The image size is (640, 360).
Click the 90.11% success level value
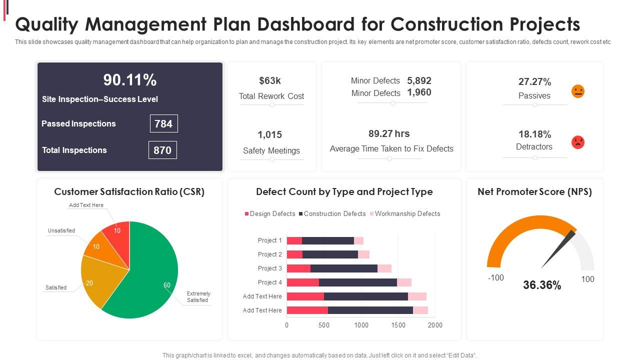point(130,80)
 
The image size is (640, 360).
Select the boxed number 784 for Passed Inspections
point(163,123)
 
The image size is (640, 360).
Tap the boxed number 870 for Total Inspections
point(162,150)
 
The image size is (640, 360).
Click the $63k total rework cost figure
point(270,80)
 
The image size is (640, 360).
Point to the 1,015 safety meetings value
point(270,134)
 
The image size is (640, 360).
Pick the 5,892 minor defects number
point(419,80)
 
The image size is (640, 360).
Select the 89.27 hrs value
point(389,133)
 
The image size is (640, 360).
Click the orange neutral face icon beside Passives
point(577,91)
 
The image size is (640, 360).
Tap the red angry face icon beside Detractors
point(577,142)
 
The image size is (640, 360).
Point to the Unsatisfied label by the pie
point(61,230)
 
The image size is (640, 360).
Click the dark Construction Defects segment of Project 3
point(343,268)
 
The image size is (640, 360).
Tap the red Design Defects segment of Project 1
point(294,240)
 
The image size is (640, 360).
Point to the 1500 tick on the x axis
point(398,325)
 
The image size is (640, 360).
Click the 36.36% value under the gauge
point(542,285)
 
